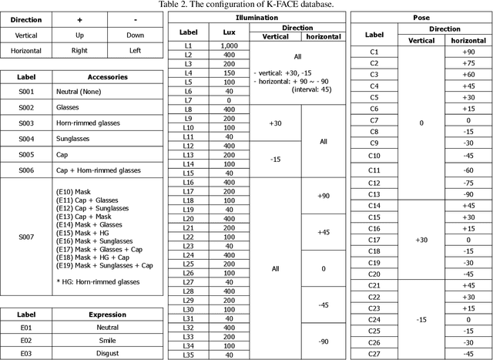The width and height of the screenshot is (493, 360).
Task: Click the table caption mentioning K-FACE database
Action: point(246,5)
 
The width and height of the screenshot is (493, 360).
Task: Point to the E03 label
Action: point(26,354)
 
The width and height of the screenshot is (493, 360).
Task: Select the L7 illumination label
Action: point(189,100)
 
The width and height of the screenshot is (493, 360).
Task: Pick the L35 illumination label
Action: point(189,354)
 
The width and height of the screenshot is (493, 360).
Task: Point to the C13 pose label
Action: point(374,194)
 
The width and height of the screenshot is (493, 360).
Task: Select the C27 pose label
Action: point(374,354)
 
